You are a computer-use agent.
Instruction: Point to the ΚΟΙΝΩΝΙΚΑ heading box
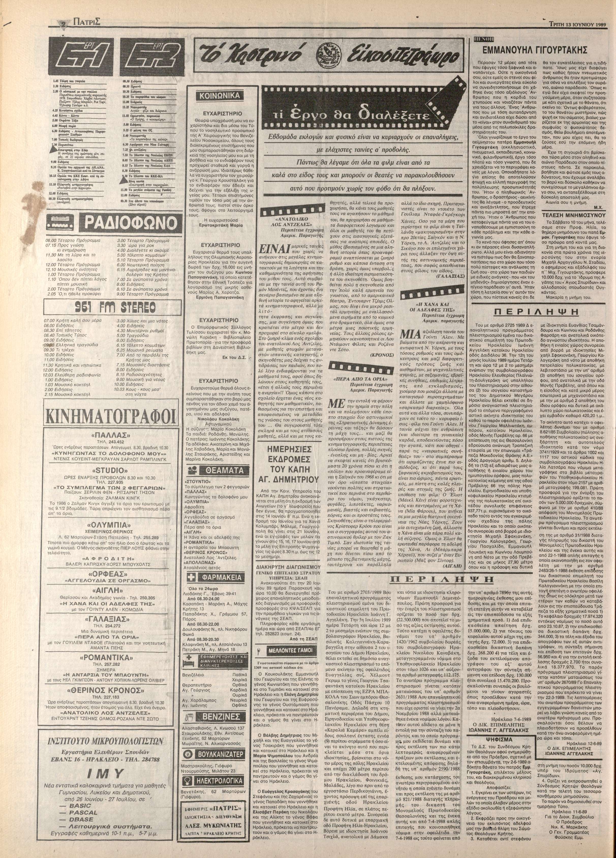[x=220, y=96]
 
